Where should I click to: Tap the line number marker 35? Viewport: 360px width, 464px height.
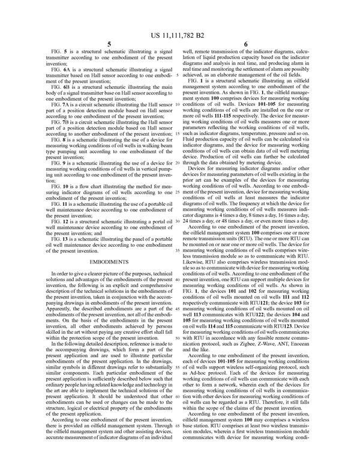[x=179, y=250]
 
